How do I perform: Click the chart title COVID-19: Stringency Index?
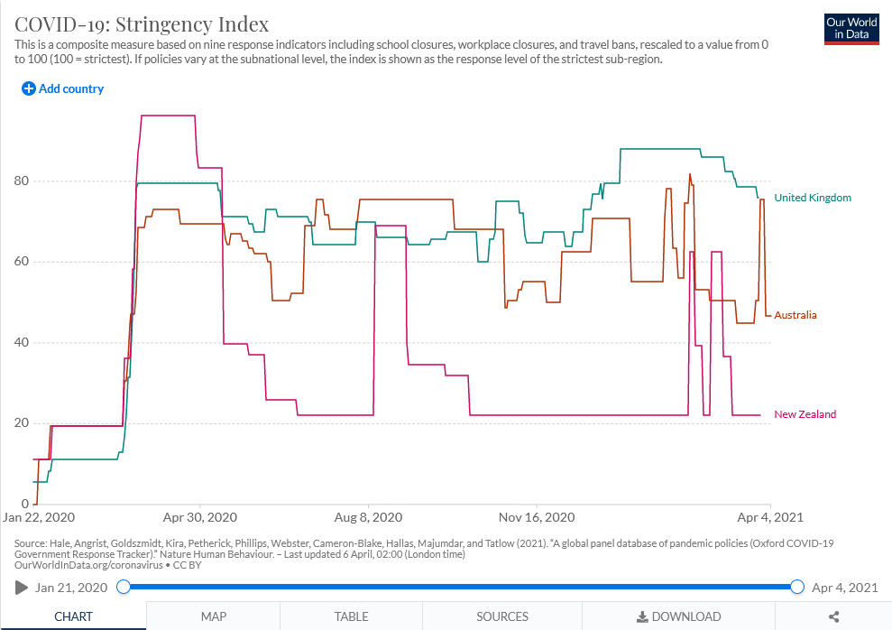pyautogui.click(x=142, y=23)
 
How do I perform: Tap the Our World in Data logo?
pyautogui.click(x=851, y=28)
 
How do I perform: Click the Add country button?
pyautogui.click(x=63, y=88)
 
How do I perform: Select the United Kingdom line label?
pyautogui.click(x=812, y=198)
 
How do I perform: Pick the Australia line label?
pyautogui.click(x=795, y=315)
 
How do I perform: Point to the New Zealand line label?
pyautogui.click(x=805, y=414)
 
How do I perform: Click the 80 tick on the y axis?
pyautogui.click(x=19, y=181)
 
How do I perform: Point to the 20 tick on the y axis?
pyautogui.click(x=19, y=423)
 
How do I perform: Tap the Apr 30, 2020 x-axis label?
pyautogui.click(x=199, y=518)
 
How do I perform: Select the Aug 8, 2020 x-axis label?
pyautogui.click(x=368, y=518)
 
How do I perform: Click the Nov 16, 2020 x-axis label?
pyautogui.click(x=537, y=518)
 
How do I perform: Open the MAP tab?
pyautogui.click(x=214, y=616)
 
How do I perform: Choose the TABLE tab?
pyautogui.click(x=351, y=616)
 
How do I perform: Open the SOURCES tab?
pyautogui.click(x=502, y=616)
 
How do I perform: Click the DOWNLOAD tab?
pyautogui.click(x=678, y=616)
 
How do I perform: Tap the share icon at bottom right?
pyautogui.click(x=833, y=616)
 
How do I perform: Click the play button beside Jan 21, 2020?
pyautogui.click(x=22, y=588)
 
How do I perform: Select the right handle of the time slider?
pyautogui.click(x=797, y=588)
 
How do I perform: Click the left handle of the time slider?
pyautogui.click(x=124, y=588)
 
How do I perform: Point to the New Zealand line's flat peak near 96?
pyautogui.click(x=168, y=116)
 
